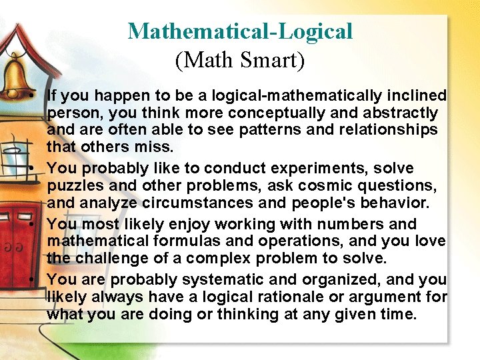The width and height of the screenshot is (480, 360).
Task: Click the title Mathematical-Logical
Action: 240,31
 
